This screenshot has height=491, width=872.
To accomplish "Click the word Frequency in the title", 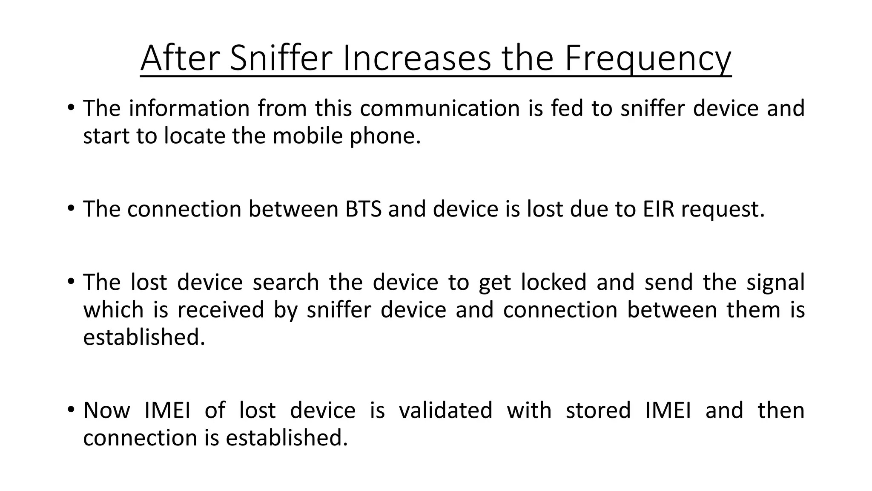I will (648, 59).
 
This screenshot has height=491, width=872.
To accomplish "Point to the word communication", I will (439, 108).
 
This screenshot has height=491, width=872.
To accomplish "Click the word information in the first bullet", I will (189, 108).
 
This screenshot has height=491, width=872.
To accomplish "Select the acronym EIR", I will (658, 209).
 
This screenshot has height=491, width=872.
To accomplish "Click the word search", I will (286, 283).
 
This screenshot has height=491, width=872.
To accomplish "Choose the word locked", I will (554, 283).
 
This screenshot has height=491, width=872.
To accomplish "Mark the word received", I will (221, 310).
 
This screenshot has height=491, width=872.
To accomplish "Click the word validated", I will (445, 410).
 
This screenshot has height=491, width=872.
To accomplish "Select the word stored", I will (598, 410).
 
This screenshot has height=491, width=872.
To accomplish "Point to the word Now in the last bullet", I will (106, 410).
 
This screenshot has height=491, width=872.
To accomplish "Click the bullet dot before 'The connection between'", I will (71, 208).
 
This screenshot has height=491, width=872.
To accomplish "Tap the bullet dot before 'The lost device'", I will (71, 282).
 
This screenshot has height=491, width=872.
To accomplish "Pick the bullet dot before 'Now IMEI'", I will (71, 410).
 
